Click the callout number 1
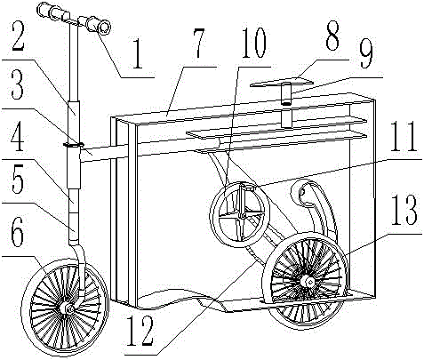(x=138, y=53)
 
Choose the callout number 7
(x=198, y=42)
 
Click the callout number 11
(x=404, y=136)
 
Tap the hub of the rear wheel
(x=308, y=281)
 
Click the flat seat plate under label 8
(x=281, y=82)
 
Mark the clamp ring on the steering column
(x=74, y=145)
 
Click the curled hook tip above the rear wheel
(x=300, y=192)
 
